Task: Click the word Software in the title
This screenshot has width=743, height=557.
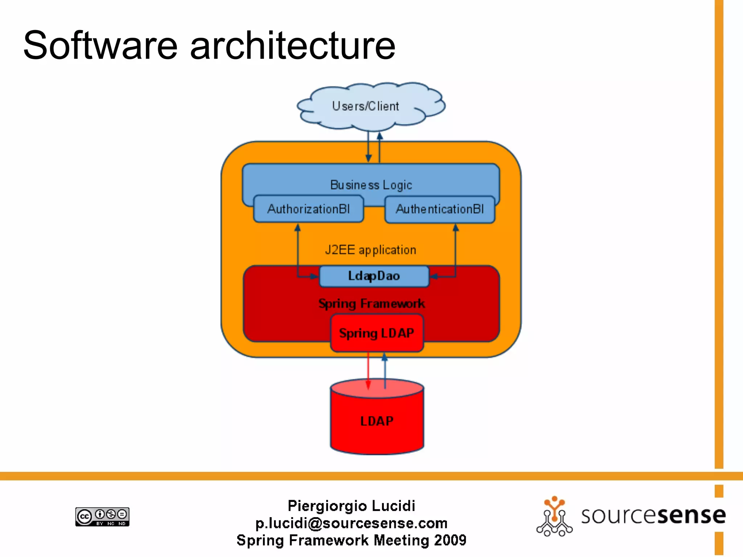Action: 100,46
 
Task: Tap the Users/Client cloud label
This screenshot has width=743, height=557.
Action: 365,106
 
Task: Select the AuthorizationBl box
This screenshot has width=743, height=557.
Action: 308,209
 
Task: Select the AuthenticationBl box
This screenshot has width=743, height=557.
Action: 440,209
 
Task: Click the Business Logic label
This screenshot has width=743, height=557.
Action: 371,185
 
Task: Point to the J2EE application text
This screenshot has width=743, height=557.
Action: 370,250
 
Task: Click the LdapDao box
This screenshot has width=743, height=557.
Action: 374,276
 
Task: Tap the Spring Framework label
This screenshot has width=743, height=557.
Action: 371,304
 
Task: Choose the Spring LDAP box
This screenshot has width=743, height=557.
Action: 377,333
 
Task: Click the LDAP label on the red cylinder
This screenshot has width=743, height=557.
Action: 377,421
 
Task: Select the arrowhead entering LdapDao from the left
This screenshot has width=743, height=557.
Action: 314,277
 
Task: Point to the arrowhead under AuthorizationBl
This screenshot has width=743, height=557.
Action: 297,228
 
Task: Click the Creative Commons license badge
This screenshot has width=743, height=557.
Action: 102,516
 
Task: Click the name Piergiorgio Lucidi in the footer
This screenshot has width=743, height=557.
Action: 351,506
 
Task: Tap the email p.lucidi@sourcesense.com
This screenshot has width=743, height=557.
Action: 351,523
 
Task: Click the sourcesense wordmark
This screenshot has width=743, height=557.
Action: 653,515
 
